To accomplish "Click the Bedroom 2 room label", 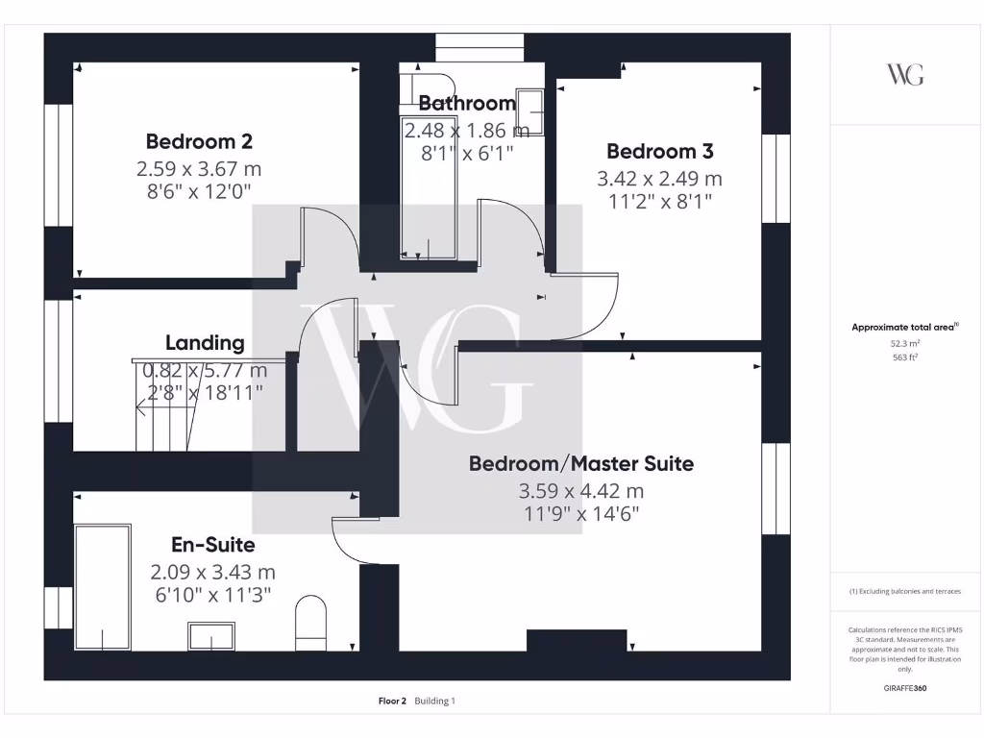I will click(x=199, y=141).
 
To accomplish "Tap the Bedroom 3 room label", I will click(x=659, y=151).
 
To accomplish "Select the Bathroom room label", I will click(x=467, y=103).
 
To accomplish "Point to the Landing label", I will click(x=205, y=342).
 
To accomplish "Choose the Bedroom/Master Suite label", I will click(x=580, y=463).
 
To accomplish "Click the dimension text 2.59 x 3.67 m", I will click(x=199, y=168).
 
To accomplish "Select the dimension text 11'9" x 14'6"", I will click(x=580, y=514).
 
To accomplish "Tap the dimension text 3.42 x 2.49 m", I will click(x=659, y=178).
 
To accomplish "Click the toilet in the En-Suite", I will click(x=311, y=620).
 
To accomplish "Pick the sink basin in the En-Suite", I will click(x=211, y=636).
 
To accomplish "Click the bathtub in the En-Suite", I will click(x=102, y=586).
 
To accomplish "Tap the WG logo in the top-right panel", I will click(x=904, y=74).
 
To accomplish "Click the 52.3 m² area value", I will click(x=904, y=342).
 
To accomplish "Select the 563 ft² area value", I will click(x=904, y=357).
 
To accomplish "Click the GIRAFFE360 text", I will click(x=904, y=688).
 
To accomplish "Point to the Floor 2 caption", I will click(x=393, y=701).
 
